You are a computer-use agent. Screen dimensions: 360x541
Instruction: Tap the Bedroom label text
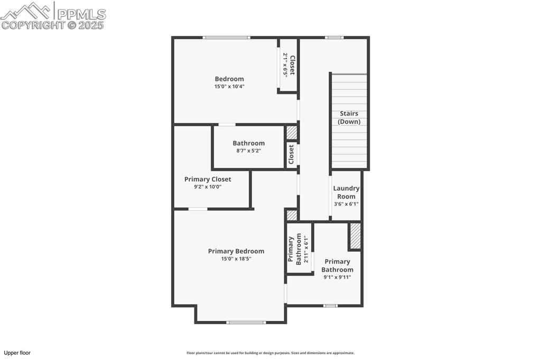pos(229,79)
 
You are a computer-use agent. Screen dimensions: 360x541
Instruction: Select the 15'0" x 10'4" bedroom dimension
pos(229,87)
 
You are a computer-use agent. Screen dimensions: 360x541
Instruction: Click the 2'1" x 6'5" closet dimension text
pos(285,65)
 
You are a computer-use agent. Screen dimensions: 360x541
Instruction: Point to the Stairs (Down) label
pos(349,117)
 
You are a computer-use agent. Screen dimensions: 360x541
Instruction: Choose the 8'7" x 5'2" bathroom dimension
pos(248,150)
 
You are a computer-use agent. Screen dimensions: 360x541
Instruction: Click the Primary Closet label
pos(208,179)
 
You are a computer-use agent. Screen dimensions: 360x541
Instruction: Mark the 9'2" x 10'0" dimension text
pos(207,187)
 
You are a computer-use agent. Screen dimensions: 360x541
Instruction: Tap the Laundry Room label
pos(346,192)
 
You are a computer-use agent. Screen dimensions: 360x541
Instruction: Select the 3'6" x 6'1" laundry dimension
pos(346,204)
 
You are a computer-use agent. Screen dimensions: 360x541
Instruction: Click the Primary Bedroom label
pos(236,251)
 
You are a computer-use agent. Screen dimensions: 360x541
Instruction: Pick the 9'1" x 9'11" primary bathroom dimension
pos(338,277)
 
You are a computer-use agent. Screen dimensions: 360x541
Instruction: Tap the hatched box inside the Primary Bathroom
pos(356,236)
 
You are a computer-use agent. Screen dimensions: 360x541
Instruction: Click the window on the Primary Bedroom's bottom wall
pos(246,322)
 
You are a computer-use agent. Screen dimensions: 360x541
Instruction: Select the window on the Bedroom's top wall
pos(227,37)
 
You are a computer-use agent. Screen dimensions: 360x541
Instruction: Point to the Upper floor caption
pos(17,353)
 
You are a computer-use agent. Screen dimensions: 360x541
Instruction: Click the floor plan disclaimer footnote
pos(270,353)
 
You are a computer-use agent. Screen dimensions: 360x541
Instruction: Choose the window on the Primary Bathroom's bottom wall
pos(330,306)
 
